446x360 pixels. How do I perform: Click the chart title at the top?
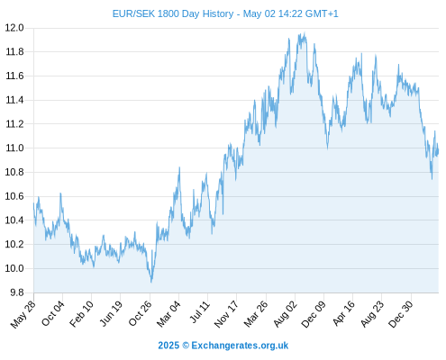tap(225, 13)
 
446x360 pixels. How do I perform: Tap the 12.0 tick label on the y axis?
tap(14, 28)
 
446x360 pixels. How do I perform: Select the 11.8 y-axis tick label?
tap(14, 52)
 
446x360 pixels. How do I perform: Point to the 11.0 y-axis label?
tap(14, 148)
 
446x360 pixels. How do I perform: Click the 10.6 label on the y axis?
tap(14, 196)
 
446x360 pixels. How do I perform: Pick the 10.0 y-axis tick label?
tap(14, 268)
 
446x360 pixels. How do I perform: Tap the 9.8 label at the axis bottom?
tap(17, 292)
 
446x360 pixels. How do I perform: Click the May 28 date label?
tap(23, 314)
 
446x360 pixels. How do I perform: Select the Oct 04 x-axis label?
tap(53, 313)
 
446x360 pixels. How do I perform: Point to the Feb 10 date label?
tap(81, 314)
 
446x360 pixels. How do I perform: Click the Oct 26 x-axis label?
tap(141, 313)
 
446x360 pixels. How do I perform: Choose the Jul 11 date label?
tap(200, 312)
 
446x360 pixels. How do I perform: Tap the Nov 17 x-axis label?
tap(226, 314)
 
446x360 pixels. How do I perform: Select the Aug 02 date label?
tap(286, 314)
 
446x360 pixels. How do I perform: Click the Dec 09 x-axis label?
tap(314, 314)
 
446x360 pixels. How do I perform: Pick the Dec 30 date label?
tap(401, 314)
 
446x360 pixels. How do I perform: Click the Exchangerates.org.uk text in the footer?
tap(240, 346)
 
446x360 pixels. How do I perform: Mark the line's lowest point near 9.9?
tap(151, 282)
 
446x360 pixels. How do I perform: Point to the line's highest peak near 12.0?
tap(305, 32)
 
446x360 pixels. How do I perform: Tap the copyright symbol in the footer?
tap(186, 346)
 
